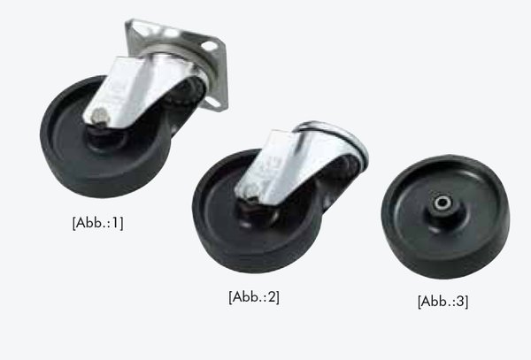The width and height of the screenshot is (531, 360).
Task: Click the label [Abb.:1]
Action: pyautogui.click(x=97, y=223)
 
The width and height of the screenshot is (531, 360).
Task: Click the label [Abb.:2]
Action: pyautogui.click(x=254, y=296)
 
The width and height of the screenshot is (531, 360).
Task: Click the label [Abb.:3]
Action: pyautogui.click(x=443, y=301)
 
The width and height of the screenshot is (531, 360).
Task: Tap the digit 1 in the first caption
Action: pyautogui.click(x=115, y=222)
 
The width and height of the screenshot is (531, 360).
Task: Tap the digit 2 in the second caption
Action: pyautogui.click(x=273, y=296)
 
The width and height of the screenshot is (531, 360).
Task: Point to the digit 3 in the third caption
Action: pyautogui.click(x=461, y=301)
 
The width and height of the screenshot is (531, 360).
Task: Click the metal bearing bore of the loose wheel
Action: pyautogui.click(x=443, y=203)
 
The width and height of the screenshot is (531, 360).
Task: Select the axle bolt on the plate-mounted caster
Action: pyautogui.click(x=98, y=114)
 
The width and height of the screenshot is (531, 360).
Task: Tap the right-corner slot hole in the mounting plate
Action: pyautogui.click(x=210, y=46)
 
